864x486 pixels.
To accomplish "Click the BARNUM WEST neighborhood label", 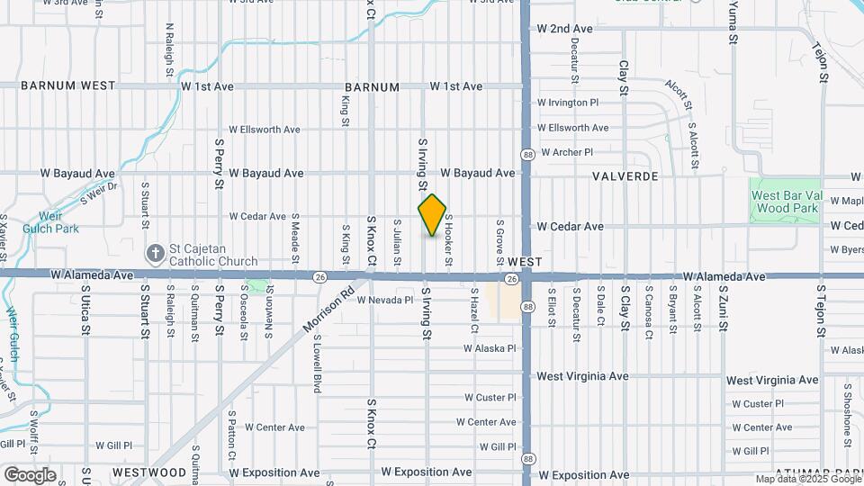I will (x=68, y=86).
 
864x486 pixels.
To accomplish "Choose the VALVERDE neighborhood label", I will (x=625, y=176).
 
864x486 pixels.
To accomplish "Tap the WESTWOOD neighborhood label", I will (x=149, y=472).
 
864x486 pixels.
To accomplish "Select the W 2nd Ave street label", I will (x=564, y=29).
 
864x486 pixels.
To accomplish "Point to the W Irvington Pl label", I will (x=568, y=103).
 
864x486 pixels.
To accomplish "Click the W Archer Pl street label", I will (x=566, y=152).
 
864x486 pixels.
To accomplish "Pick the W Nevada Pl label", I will (x=385, y=300).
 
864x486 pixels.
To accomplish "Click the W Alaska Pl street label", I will (x=490, y=348).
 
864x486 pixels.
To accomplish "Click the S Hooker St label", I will (x=447, y=245).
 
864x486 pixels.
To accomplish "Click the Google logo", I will (x=30, y=475).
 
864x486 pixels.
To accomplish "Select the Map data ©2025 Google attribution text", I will (x=807, y=479).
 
